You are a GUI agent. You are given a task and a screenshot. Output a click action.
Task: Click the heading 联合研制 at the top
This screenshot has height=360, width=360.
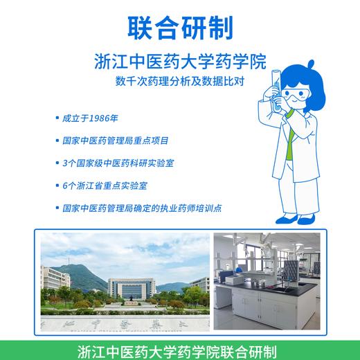(x=180, y=26)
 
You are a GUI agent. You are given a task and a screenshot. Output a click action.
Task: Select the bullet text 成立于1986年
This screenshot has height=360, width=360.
(x=91, y=117)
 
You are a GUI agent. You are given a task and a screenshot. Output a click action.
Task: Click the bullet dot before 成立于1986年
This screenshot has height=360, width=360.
(x=56, y=117)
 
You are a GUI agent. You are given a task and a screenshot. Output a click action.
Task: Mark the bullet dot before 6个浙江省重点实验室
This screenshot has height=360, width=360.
(x=56, y=185)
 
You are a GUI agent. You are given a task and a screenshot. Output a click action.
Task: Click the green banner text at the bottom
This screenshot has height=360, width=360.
(x=180, y=350)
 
